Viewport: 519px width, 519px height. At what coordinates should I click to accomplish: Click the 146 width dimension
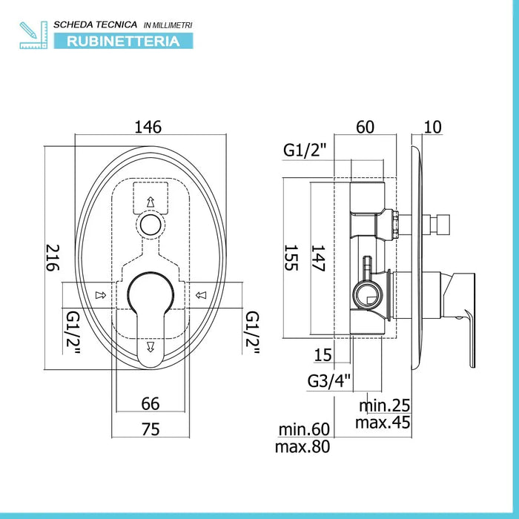click(148, 127)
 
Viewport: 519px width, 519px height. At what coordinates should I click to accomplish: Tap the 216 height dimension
click(53, 258)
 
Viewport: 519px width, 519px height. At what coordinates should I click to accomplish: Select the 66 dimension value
click(151, 403)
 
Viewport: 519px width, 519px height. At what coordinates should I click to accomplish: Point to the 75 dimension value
click(151, 429)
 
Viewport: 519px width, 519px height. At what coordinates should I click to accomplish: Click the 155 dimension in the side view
click(291, 258)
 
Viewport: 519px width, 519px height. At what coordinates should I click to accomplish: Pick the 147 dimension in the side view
click(318, 258)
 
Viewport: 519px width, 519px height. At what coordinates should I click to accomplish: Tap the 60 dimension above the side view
click(365, 127)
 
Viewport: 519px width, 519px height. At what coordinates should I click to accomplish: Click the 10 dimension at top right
click(432, 127)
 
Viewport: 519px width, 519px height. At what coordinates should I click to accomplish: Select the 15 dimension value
click(323, 355)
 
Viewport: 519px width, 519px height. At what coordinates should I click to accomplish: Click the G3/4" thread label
click(328, 380)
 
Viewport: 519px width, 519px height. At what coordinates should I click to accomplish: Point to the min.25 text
click(384, 406)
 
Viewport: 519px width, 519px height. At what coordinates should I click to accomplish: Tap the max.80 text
click(303, 446)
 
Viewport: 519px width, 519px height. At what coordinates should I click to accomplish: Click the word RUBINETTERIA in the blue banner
click(123, 42)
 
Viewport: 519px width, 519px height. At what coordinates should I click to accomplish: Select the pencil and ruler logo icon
click(33, 35)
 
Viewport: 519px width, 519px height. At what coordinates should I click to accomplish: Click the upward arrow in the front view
click(151, 202)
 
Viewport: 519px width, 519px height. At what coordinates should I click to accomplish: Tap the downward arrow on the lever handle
click(151, 346)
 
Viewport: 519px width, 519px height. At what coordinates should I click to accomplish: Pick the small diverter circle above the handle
click(151, 225)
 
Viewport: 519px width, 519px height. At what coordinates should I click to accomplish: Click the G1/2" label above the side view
click(305, 151)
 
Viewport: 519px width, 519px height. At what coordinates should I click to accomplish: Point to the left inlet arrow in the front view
click(101, 295)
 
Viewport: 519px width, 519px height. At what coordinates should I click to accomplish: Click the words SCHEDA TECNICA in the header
click(96, 24)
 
